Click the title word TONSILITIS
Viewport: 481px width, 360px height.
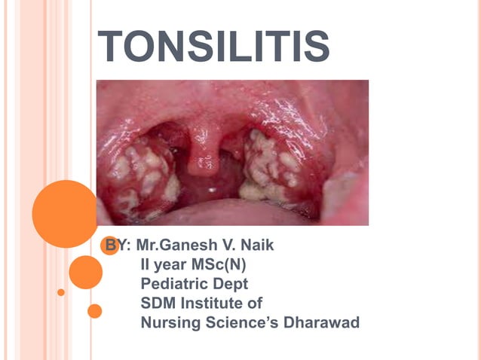pos(214,47)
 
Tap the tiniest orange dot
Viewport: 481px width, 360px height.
pos(61,291)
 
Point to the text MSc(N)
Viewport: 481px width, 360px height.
pos(225,264)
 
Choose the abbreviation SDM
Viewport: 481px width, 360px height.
pos(159,304)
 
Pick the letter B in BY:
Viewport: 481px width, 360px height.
pos(110,246)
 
